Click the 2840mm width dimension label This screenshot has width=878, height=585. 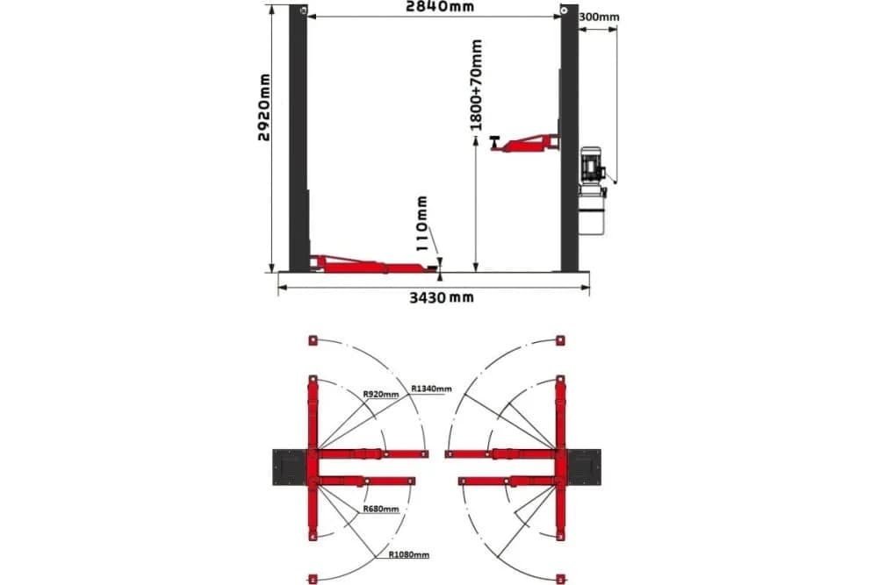coord(440,7)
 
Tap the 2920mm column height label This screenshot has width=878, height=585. coord(263,107)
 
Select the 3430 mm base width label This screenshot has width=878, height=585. coord(442,297)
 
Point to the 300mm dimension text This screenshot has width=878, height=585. coord(599,17)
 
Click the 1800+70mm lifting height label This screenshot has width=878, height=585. coord(476,84)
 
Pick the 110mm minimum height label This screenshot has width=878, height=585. coord(423,223)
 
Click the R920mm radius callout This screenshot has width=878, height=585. coord(381,395)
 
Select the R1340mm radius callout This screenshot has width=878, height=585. coord(431,389)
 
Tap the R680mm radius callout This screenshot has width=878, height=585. coord(381,509)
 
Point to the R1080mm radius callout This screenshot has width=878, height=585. coord(409,555)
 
